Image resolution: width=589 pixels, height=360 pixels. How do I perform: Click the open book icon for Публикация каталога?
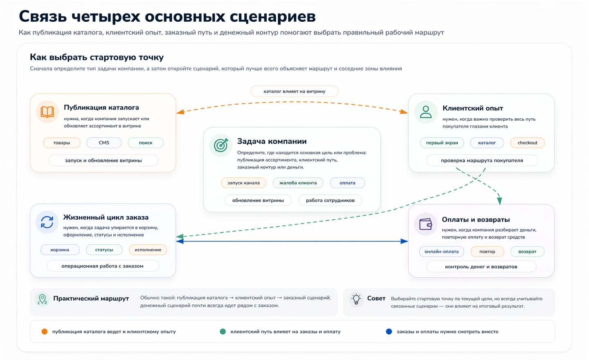point(47,112)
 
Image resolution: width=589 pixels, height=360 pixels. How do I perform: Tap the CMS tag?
point(104,143)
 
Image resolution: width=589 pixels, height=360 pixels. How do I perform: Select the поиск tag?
point(146,143)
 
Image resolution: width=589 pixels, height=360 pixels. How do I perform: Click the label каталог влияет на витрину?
point(294,91)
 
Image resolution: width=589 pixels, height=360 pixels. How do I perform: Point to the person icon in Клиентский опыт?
point(426,112)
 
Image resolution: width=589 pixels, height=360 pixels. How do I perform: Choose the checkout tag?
point(527,143)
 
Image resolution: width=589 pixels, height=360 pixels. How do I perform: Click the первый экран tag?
point(442,143)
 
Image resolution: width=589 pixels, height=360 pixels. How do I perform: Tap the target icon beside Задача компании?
point(221,145)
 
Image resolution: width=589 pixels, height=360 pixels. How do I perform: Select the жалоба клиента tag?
point(298,183)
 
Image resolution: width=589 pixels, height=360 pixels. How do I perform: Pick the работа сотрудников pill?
point(330,200)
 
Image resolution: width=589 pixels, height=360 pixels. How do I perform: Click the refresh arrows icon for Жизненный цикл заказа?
point(47,222)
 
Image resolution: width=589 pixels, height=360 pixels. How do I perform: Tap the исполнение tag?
point(148,250)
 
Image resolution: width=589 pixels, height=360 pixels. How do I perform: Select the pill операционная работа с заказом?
point(103,266)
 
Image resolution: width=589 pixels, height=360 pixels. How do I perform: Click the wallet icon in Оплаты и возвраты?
point(426,224)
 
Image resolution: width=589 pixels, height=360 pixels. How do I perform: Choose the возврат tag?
point(527,252)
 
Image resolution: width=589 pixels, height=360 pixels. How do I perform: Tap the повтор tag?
point(487,252)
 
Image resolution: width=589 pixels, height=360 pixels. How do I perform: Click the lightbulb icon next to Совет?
point(356,299)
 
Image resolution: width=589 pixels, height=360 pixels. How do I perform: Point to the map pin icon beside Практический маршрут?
point(42,299)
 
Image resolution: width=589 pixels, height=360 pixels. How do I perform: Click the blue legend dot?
point(389,331)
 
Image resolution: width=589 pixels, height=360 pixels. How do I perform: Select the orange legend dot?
point(45,331)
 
